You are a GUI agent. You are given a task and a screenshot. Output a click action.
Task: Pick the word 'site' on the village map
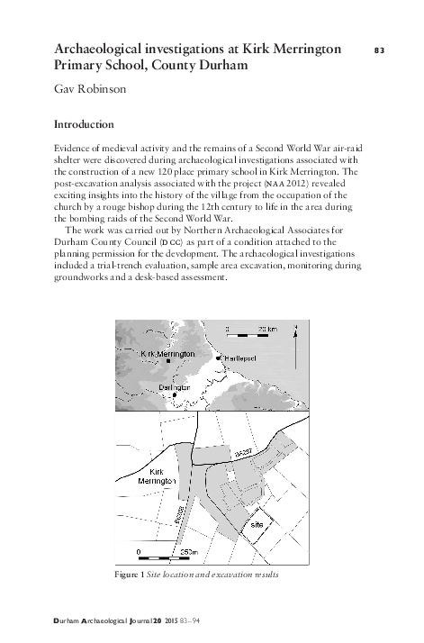point(256,522)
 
